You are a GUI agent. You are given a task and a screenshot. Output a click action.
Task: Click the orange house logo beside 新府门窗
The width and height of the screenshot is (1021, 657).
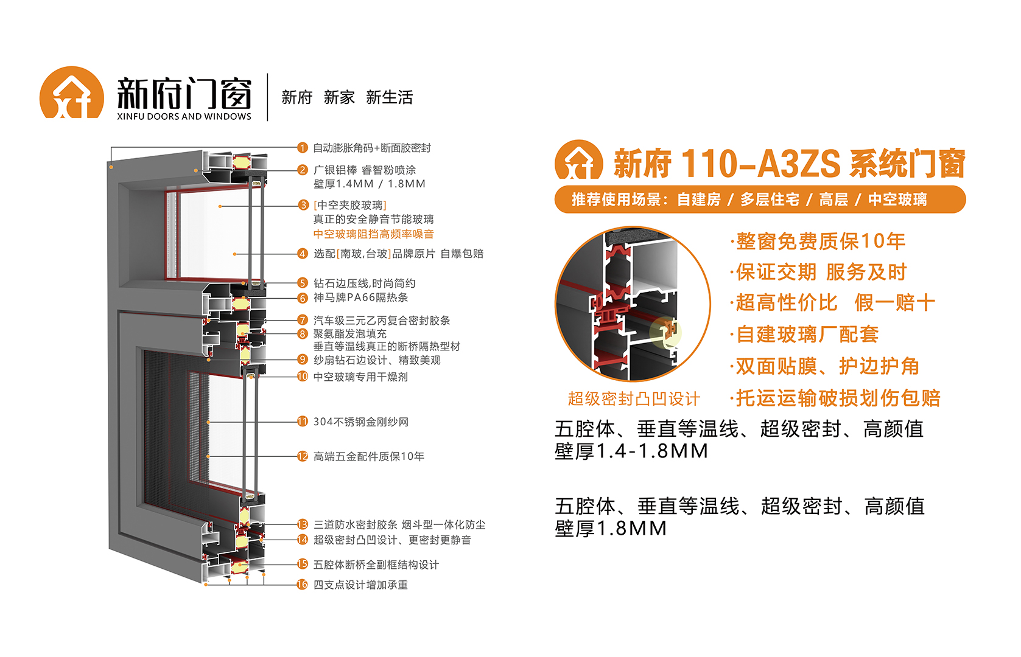(x=72, y=92)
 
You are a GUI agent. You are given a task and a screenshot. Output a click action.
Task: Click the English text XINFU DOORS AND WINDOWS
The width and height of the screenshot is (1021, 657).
(x=184, y=117)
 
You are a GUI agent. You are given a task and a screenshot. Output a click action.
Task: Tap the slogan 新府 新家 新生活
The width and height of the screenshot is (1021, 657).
(x=347, y=97)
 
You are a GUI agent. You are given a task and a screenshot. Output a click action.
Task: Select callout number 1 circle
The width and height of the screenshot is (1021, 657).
(x=302, y=148)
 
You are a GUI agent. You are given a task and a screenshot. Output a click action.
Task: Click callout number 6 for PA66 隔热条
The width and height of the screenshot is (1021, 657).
(x=302, y=298)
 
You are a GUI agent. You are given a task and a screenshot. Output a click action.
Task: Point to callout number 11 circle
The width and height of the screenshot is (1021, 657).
(x=302, y=422)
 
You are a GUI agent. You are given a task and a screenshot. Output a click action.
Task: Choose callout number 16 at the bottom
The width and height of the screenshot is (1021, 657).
(x=302, y=585)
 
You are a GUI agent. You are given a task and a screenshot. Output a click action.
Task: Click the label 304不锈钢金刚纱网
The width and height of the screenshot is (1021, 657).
(x=361, y=422)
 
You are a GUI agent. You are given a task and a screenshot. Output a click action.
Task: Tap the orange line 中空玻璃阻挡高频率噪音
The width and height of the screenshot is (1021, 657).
(x=373, y=234)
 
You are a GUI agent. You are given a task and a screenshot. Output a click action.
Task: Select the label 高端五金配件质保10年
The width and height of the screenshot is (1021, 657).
(x=369, y=457)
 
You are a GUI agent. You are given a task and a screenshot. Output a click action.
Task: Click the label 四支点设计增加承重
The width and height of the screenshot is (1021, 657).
(x=360, y=585)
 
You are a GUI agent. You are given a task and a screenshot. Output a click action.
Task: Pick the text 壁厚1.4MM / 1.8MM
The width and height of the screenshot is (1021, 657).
(x=369, y=184)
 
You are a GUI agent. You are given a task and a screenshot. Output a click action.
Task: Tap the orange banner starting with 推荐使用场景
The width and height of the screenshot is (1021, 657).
(x=760, y=200)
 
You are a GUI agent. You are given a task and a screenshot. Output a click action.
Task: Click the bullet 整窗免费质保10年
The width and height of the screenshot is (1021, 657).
(x=818, y=242)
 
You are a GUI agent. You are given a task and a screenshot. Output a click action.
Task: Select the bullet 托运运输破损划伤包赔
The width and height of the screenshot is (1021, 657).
(x=835, y=398)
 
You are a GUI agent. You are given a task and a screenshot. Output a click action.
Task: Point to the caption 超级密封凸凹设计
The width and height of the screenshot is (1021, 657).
(x=634, y=399)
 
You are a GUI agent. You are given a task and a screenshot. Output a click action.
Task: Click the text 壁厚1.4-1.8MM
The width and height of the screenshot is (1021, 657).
(x=631, y=451)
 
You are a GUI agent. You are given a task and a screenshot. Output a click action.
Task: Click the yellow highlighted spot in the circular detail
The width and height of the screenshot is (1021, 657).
(x=666, y=332)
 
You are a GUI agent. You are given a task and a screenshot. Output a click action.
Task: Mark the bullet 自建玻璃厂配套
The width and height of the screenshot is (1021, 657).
(x=804, y=335)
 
